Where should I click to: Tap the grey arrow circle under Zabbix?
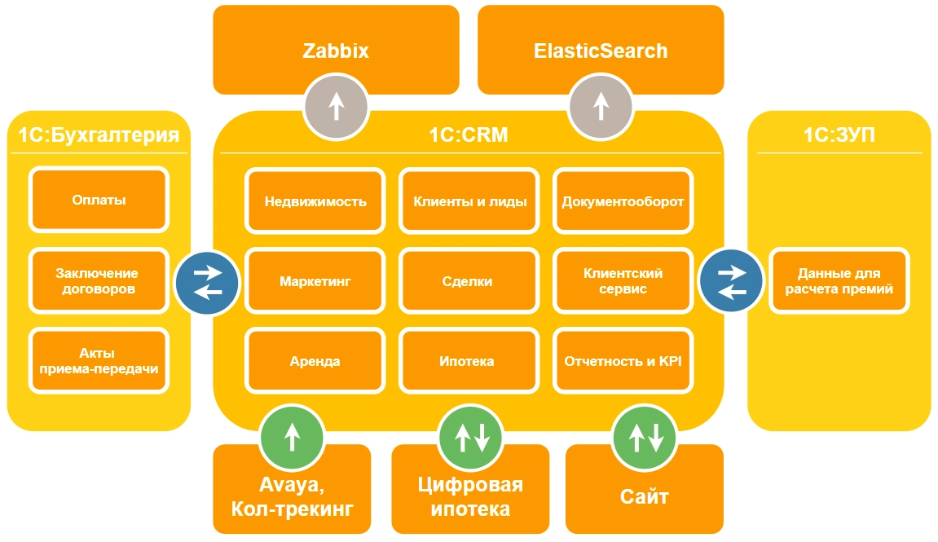(x=336, y=106)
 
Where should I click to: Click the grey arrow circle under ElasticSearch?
(x=601, y=106)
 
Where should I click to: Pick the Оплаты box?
(x=99, y=200)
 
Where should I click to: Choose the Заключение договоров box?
(x=99, y=281)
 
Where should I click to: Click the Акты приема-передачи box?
(x=99, y=361)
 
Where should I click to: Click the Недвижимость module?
(x=315, y=201)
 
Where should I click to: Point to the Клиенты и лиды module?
(x=469, y=201)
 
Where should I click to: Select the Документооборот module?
(x=623, y=201)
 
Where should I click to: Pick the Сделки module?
(x=469, y=281)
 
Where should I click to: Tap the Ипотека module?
(x=469, y=361)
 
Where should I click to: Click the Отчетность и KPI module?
(x=623, y=361)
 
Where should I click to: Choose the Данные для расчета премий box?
(x=839, y=281)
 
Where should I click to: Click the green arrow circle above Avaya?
(x=292, y=436)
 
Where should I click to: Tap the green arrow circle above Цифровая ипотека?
(x=471, y=436)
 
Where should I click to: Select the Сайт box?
(x=645, y=496)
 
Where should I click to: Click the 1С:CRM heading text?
(x=469, y=135)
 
